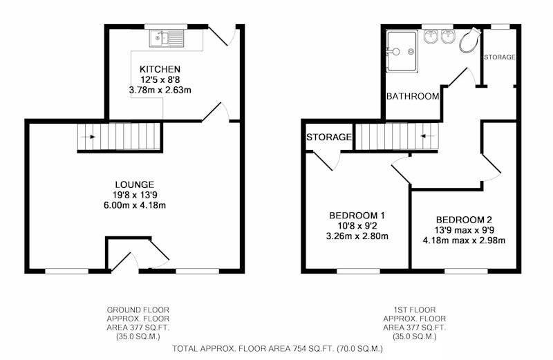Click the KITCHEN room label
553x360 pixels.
tap(160, 69)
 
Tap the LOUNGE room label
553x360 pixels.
tap(134, 184)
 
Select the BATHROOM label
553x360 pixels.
tap(413, 96)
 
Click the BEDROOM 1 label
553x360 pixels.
tap(357, 215)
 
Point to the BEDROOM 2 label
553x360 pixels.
tap(464, 220)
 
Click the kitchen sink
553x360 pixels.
tap(167, 39)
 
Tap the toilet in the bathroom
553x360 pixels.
tap(470, 40)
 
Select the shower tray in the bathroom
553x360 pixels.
tap(402, 52)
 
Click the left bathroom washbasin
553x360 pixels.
tap(431, 37)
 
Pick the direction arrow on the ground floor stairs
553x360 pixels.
tap(88, 137)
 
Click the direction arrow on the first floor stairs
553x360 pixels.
tap(428, 135)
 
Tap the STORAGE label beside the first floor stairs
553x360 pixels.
tap(329, 137)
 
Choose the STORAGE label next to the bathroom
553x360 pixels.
tap(499, 57)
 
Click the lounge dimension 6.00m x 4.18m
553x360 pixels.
tap(134, 205)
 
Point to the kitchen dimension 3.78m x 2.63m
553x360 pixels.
tap(160, 90)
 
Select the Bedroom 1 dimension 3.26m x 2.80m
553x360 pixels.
tap(357, 236)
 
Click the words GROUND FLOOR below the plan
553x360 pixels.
tap(138, 310)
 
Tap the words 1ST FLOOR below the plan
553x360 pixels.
tap(414, 310)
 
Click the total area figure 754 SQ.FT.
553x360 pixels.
tap(313, 349)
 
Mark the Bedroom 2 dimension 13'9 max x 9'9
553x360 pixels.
tap(464, 230)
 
